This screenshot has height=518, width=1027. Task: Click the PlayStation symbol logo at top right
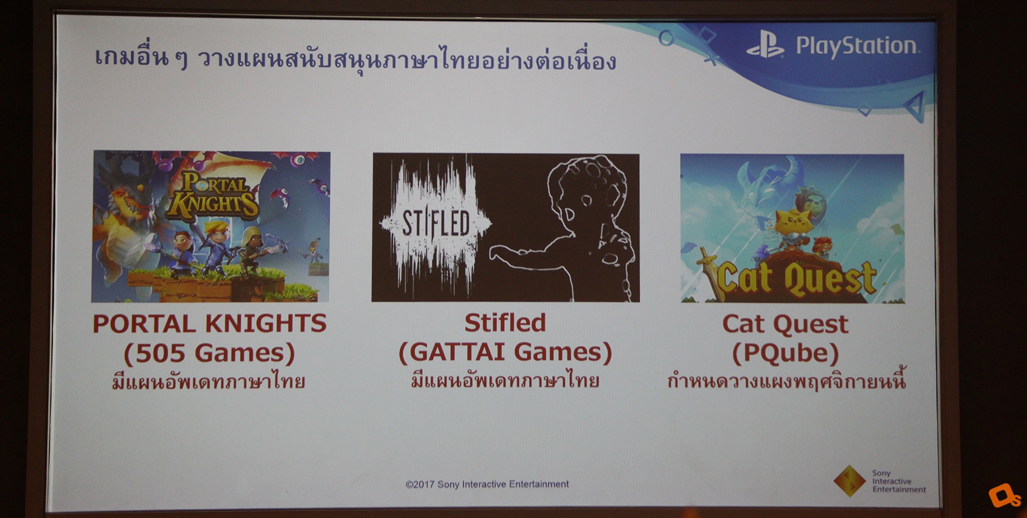765,45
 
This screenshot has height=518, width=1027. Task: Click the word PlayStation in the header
856,46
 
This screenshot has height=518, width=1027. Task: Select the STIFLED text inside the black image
436,224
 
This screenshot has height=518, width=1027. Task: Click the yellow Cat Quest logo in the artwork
796,277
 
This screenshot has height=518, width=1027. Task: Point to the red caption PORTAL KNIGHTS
210,324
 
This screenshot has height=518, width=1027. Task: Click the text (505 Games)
210,353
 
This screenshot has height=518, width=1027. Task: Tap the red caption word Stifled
505,323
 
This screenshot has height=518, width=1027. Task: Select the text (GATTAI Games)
505,352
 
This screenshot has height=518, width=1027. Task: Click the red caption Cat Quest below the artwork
785,324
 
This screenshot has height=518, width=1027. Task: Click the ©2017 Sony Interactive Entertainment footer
487,484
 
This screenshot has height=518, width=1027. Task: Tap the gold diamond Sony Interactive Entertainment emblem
849,480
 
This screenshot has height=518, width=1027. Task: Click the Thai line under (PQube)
786,381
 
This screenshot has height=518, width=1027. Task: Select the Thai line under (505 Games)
209,382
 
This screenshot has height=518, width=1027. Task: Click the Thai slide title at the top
356,59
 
